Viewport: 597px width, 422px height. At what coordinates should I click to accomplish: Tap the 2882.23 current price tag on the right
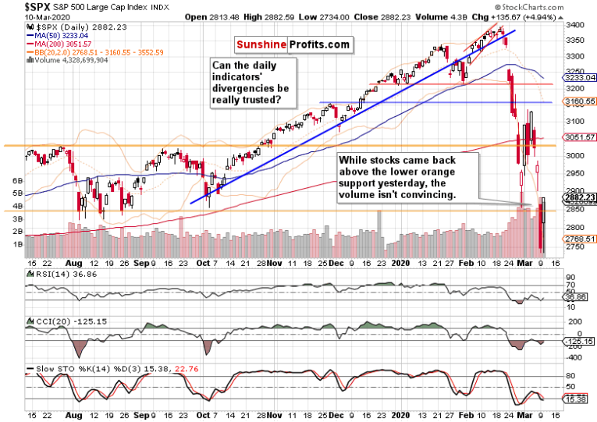click(x=581, y=198)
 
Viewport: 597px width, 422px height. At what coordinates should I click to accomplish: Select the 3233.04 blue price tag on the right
click(x=581, y=78)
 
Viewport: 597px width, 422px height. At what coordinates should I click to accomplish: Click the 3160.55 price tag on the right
click(x=581, y=101)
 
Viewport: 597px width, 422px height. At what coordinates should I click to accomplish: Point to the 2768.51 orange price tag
click(x=581, y=239)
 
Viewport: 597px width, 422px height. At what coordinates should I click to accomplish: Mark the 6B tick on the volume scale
click(x=15, y=180)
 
